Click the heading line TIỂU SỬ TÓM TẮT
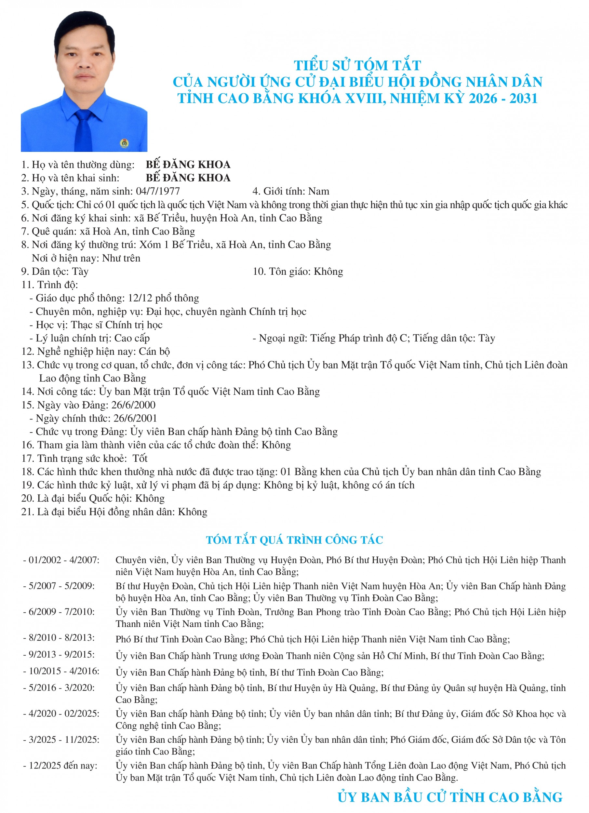tap(357, 66)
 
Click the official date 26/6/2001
tap(135, 418)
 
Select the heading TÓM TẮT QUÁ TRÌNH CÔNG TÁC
tap(294, 540)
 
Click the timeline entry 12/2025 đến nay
tap(63, 765)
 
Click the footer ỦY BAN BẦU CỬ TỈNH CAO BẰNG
tap(450, 797)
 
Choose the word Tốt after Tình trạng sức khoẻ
tap(140, 458)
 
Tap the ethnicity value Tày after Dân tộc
tap(80, 271)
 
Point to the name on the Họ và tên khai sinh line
tap(188, 178)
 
